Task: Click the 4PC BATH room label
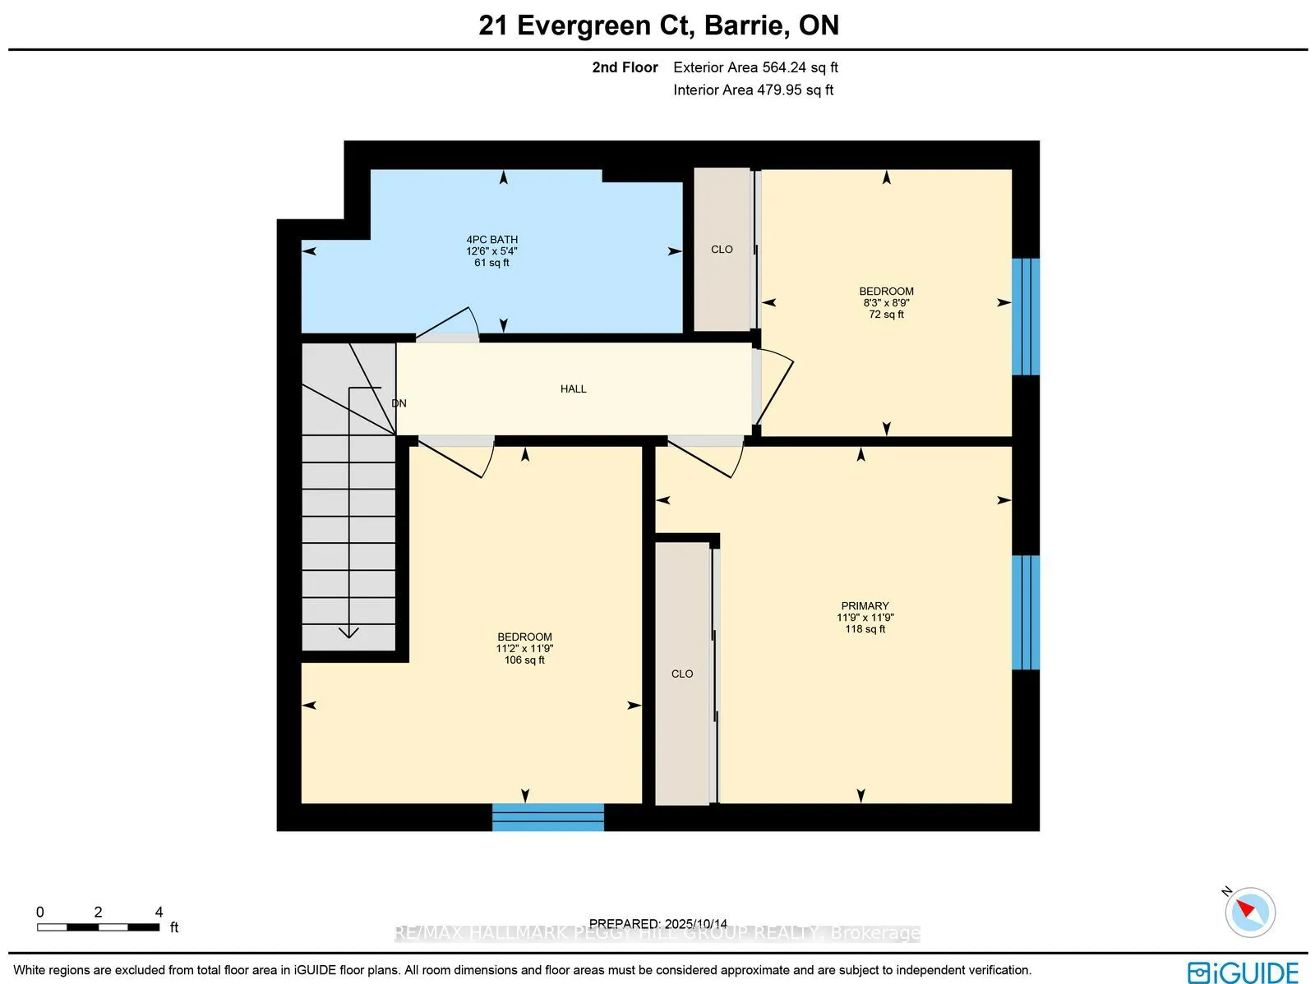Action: coord(491,240)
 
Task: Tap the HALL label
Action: coord(573,389)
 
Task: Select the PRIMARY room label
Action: coord(865,605)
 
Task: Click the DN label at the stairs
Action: coord(399,403)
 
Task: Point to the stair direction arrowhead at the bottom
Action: coord(349,632)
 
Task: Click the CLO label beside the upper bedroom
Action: coord(722,249)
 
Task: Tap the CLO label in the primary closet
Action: coord(681,674)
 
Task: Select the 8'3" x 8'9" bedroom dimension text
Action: coord(886,302)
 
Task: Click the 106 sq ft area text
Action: coord(524,660)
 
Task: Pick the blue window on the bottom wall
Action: coord(548,817)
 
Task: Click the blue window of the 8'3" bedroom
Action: coord(1025,316)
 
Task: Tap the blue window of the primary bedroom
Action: coord(1025,612)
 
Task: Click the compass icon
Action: coord(1249,912)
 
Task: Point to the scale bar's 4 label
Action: coord(159,912)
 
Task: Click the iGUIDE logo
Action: coord(1243,972)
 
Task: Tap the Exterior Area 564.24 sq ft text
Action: coord(755,67)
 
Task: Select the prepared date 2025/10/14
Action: coord(696,924)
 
